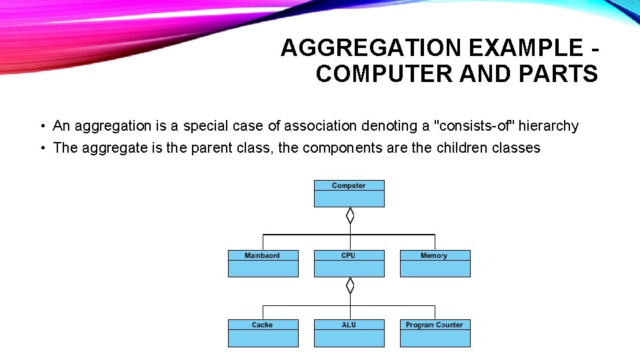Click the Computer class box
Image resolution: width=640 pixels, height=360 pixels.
coord(349,193)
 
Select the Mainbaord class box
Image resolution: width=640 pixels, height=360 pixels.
coord(263,263)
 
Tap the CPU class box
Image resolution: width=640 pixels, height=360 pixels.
coord(349,263)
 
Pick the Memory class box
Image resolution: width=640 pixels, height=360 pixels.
coord(435,263)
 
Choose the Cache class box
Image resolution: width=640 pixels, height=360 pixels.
coord(263,333)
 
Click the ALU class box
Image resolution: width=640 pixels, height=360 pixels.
coord(349,333)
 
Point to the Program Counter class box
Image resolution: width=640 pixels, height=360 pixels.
coord(435,333)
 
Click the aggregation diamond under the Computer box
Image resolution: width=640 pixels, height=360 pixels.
coord(349,215)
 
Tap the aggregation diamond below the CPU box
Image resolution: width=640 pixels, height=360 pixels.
coord(349,286)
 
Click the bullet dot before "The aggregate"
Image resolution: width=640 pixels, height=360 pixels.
coord(42,149)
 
